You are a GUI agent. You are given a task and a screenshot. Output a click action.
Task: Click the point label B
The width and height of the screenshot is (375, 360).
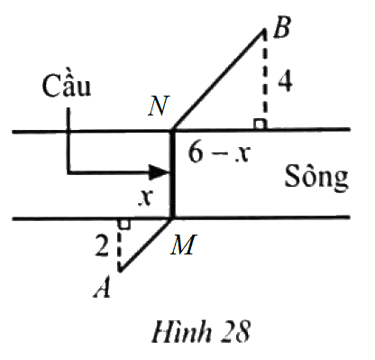[282, 27]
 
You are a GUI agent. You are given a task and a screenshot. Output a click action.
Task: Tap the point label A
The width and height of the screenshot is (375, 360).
[102, 287]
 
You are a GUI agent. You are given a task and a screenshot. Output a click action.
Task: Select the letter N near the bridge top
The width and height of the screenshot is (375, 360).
[159, 106]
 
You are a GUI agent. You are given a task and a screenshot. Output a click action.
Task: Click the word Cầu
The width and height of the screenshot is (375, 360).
[67, 85]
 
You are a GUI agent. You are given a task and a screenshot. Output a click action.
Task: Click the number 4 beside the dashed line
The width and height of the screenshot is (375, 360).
[285, 81]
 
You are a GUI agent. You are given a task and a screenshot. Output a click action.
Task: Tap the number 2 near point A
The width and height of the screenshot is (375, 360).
[101, 246]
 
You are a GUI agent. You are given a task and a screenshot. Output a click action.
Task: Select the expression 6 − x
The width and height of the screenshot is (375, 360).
[218, 153]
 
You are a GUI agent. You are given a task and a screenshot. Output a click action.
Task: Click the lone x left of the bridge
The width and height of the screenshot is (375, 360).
[146, 198]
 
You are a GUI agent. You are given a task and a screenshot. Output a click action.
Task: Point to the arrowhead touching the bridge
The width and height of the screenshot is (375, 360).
[160, 172]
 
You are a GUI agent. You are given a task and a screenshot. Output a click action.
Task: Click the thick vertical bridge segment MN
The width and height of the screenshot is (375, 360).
[172, 174]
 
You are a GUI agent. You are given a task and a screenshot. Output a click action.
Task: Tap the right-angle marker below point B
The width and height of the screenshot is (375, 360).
[260, 124]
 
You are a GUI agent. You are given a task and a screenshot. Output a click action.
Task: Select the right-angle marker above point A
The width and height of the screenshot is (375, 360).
[124, 225]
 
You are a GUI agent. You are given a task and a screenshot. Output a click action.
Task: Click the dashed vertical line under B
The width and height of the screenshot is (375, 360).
[264, 78]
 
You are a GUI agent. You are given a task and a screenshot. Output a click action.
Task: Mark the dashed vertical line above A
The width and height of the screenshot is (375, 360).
[120, 245]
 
